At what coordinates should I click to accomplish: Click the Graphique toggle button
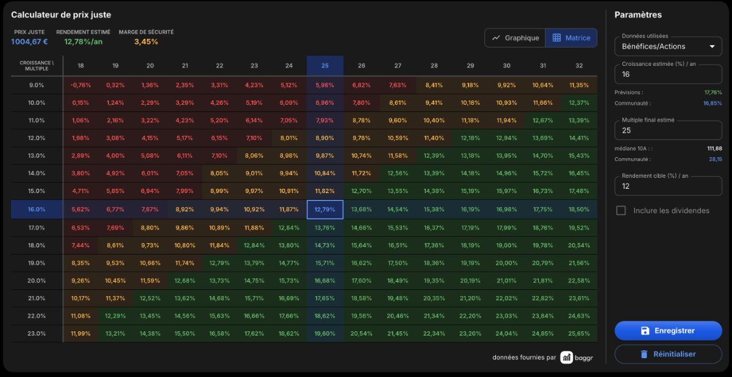(x=515, y=38)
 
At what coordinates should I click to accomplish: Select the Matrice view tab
(x=571, y=38)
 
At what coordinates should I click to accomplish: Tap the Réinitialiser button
(x=668, y=354)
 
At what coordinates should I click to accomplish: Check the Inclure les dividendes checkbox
(x=621, y=211)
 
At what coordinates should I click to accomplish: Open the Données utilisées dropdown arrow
(x=712, y=46)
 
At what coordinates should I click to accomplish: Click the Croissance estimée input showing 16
(x=668, y=74)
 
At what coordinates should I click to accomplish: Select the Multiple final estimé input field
(x=668, y=130)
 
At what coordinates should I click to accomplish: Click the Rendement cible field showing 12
(x=668, y=186)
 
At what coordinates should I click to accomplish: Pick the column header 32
(x=579, y=66)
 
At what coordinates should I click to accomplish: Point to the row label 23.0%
(x=36, y=333)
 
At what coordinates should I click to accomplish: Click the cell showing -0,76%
(x=81, y=85)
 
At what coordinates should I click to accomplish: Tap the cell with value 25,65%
(x=579, y=333)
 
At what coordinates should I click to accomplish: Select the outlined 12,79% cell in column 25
(x=325, y=210)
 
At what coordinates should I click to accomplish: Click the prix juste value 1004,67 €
(x=29, y=42)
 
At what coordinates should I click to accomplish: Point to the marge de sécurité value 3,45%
(x=146, y=42)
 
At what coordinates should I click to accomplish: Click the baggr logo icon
(x=566, y=358)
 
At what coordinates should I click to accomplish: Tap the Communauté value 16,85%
(x=712, y=103)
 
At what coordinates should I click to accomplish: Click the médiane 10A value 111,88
(x=714, y=149)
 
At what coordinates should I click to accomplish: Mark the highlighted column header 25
(x=325, y=66)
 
